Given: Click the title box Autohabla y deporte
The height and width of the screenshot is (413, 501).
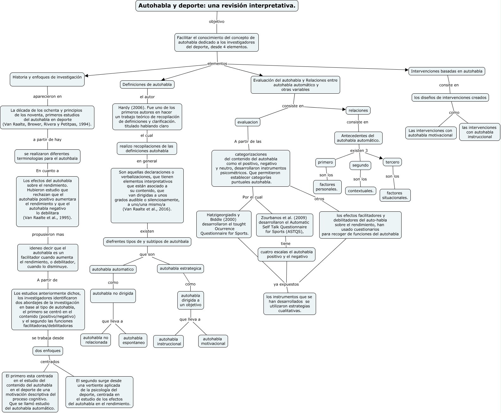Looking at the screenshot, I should pyautogui.click(x=217, y=6).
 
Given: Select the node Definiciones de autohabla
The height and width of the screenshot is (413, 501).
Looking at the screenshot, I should pyautogui.click(x=147, y=84).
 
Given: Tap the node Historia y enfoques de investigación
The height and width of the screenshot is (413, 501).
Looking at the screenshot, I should pyautogui.click(x=47, y=79).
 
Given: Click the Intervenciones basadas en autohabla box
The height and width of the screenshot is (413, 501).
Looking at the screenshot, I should pyautogui.click(x=447, y=71).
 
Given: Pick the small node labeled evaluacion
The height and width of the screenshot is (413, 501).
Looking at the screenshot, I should pyautogui.click(x=248, y=122).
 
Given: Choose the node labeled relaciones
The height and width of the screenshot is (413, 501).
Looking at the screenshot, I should pyautogui.click(x=358, y=110).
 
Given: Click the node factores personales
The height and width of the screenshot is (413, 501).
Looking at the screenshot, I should pyautogui.click(x=327, y=187).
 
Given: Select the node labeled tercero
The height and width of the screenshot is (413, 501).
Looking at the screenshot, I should pyautogui.click(x=392, y=162).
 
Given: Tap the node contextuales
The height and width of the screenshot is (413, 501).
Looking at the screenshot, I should pyautogui.click(x=360, y=191).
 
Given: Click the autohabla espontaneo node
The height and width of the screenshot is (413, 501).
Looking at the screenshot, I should pyautogui.click(x=133, y=340).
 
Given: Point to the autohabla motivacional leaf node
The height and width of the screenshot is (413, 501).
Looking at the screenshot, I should pyautogui.click(x=213, y=341).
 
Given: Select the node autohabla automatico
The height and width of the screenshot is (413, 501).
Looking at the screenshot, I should pyautogui.click(x=113, y=269).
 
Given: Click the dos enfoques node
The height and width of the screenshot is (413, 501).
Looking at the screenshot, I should pyautogui.click(x=48, y=351).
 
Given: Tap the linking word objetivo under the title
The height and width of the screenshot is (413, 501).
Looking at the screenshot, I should pyautogui.click(x=217, y=22).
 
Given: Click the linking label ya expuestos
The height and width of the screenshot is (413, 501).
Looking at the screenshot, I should pyautogui.click(x=286, y=284).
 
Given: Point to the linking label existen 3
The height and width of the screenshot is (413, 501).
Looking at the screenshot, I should pyautogui.click(x=359, y=150).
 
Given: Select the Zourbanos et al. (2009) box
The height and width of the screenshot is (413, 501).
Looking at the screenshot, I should pyautogui.click(x=284, y=225).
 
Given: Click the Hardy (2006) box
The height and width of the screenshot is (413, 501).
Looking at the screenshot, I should pyautogui.click(x=147, y=117).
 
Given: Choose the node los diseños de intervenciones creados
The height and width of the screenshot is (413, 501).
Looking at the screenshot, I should pyautogui.click(x=450, y=97).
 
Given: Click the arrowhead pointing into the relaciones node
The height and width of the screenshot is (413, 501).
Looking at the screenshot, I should pyautogui.click(x=344, y=110).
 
